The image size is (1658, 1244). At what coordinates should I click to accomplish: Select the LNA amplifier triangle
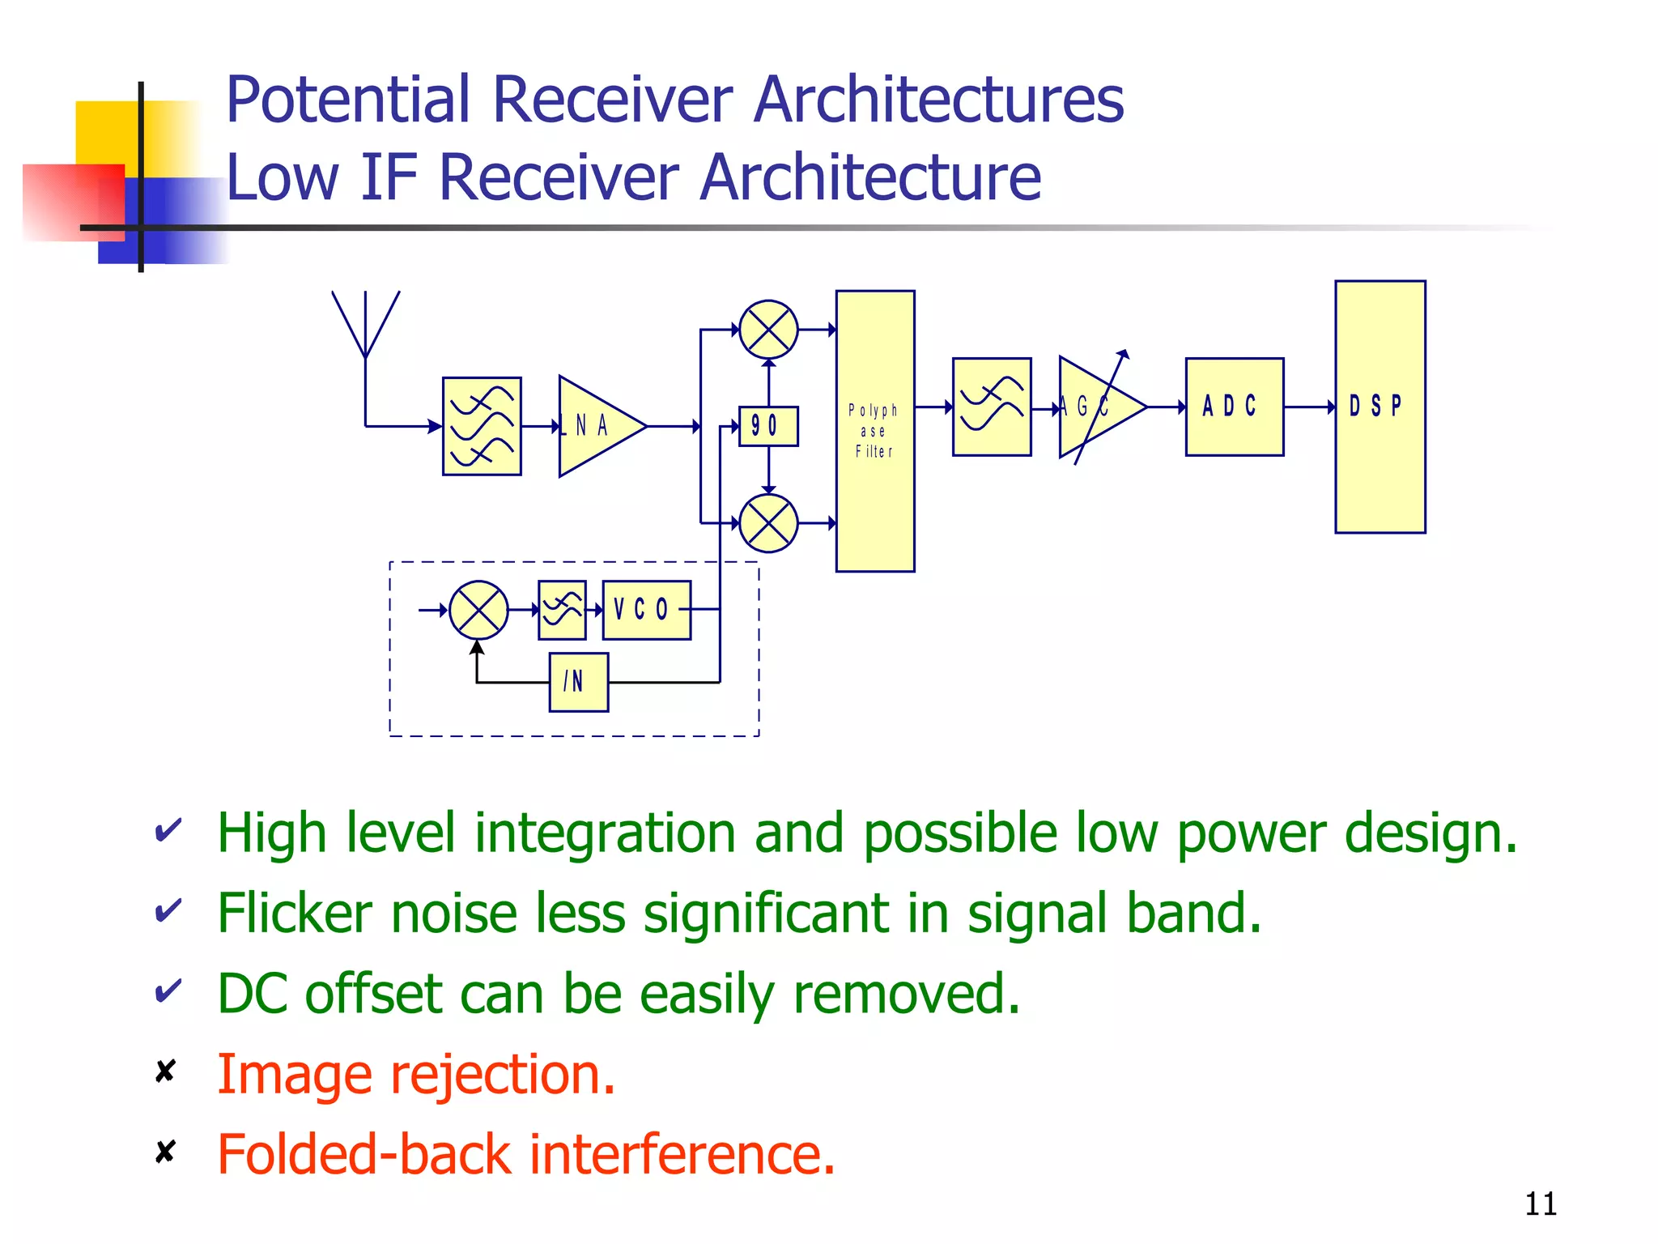(x=597, y=426)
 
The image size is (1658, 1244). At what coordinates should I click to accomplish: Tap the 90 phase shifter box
(x=768, y=426)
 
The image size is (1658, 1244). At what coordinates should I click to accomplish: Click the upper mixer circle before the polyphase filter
(x=768, y=330)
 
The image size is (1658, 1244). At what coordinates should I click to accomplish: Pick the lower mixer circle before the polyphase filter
(x=768, y=523)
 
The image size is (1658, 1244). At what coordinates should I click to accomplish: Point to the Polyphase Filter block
(x=874, y=431)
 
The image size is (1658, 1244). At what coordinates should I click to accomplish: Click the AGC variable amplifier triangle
(x=1097, y=407)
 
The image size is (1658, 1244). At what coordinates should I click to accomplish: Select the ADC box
(x=1234, y=407)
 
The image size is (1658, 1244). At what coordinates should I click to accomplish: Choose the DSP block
(x=1380, y=407)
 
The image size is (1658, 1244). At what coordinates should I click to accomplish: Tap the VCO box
(x=646, y=610)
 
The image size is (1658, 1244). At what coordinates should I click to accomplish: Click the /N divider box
(x=578, y=682)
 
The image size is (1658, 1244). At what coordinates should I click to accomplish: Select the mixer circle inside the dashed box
(x=478, y=610)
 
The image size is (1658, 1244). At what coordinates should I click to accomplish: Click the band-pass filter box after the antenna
(x=482, y=426)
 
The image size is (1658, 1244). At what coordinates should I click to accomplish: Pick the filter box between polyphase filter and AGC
(x=991, y=407)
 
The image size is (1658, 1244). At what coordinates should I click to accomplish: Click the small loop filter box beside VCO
(x=562, y=610)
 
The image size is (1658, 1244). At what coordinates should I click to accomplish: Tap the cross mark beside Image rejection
(x=165, y=1071)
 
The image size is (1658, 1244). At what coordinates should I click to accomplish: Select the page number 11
(x=1540, y=1204)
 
